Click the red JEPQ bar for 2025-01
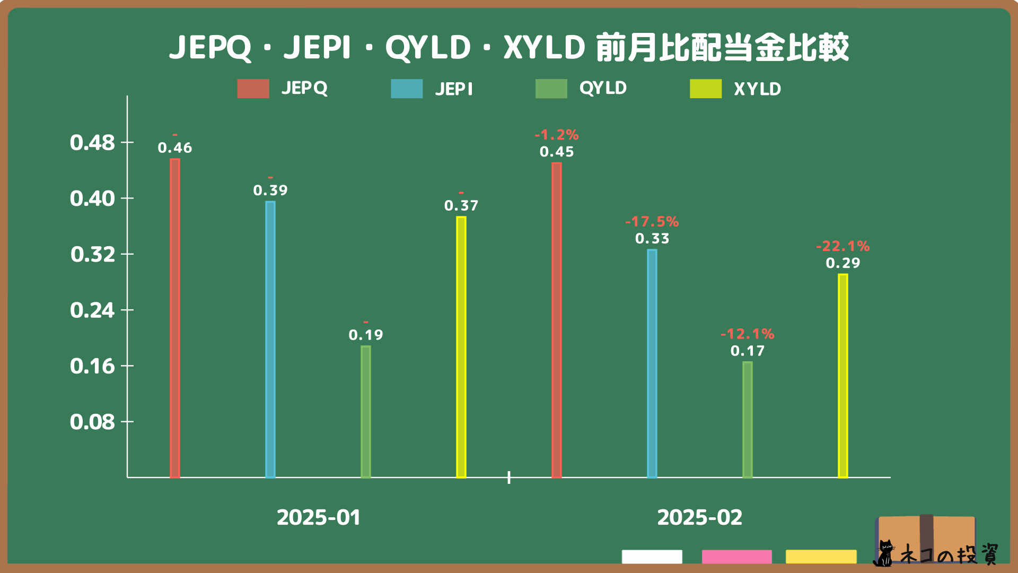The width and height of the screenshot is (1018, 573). (x=175, y=318)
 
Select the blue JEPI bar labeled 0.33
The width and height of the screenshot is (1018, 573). (x=652, y=363)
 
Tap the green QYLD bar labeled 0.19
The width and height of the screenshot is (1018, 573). (x=366, y=412)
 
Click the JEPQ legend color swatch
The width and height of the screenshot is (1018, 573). (x=253, y=89)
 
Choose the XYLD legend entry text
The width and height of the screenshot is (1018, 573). (x=757, y=89)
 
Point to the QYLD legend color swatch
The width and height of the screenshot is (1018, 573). (x=551, y=89)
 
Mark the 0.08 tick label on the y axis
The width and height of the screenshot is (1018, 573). (x=92, y=422)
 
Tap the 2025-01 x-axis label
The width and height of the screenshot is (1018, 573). (x=319, y=517)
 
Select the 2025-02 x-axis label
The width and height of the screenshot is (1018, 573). (x=699, y=517)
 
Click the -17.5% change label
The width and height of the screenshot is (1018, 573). (x=652, y=222)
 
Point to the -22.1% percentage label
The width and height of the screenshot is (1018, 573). (x=843, y=246)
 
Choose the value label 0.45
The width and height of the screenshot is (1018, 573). (x=557, y=152)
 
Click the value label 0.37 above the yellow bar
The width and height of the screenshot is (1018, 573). (x=461, y=206)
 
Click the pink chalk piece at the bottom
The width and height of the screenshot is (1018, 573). (x=736, y=557)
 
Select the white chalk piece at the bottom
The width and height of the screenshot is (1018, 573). (x=652, y=557)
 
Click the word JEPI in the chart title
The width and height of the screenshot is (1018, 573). (x=317, y=47)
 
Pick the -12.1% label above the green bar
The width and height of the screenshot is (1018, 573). (x=747, y=334)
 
